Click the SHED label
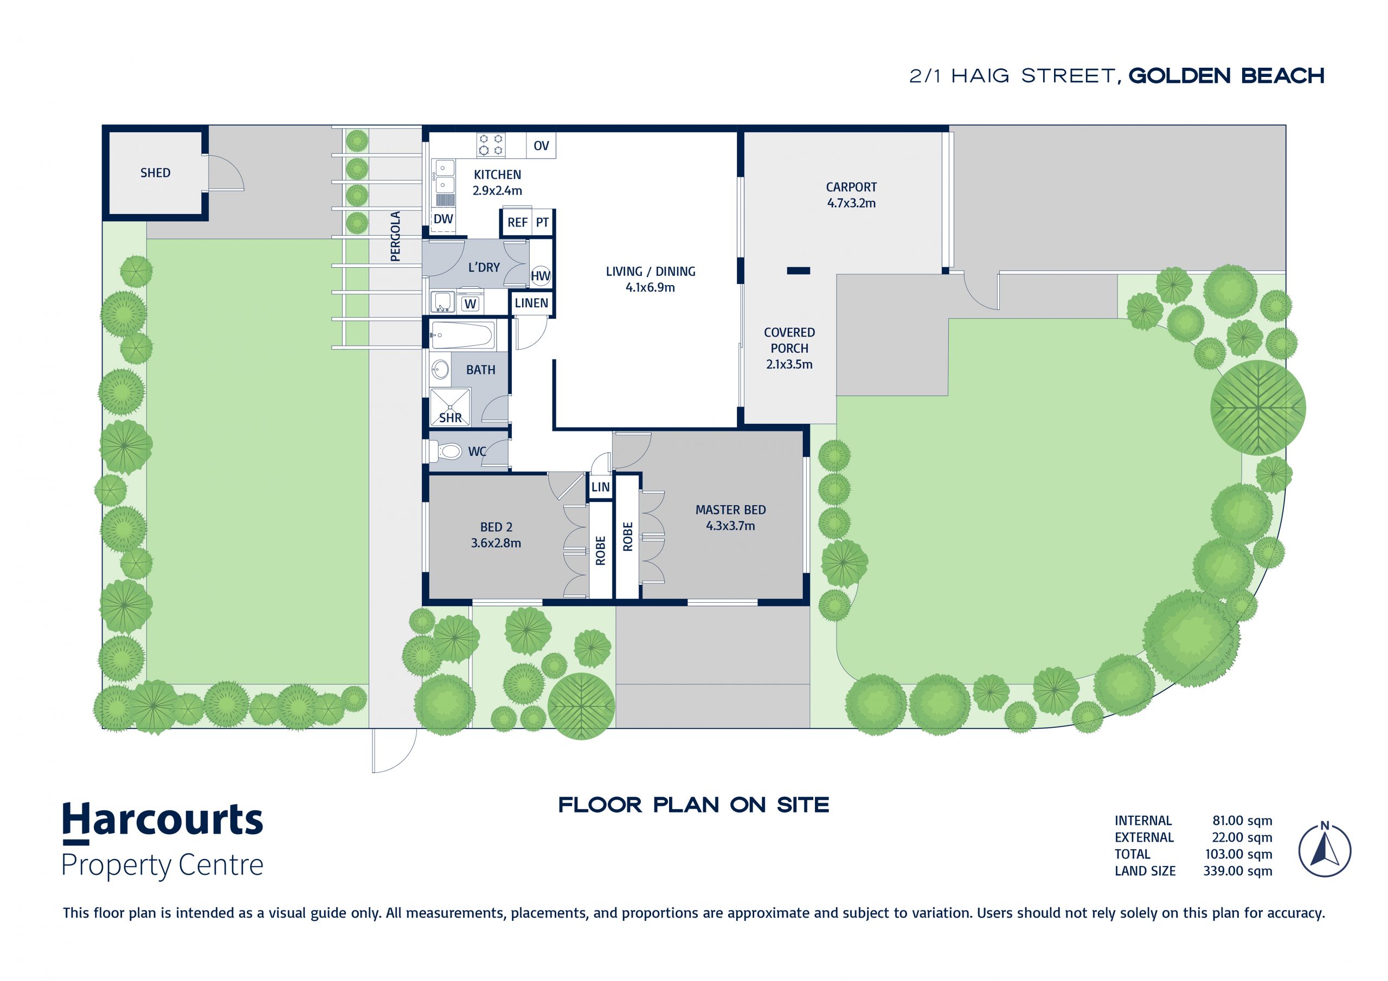coord(156,173)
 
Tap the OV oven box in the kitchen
coord(541,146)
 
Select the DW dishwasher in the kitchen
coord(443,220)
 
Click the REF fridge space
coord(517,222)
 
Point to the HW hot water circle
coord(541,276)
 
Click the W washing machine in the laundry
coord(470,304)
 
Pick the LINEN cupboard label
coord(531,303)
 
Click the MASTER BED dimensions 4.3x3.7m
coord(730,526)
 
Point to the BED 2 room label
coord(496,527)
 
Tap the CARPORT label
coord(851,188)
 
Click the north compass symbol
coord(1325,849)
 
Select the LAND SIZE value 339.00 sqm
coord(1237,871)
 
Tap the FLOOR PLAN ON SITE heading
coord(693,805)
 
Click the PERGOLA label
coord(395,236)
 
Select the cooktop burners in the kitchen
coord(490,145)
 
